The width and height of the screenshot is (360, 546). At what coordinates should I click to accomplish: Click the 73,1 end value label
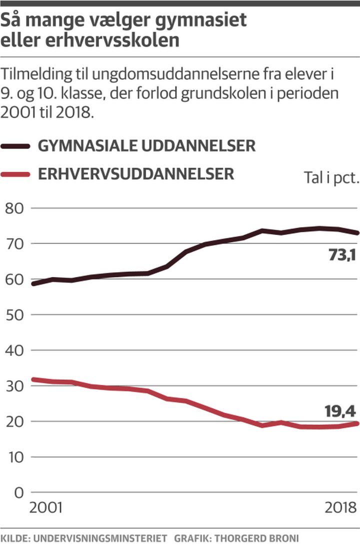point(341,255)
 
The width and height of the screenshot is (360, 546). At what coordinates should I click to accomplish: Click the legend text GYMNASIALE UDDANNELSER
point(147,146)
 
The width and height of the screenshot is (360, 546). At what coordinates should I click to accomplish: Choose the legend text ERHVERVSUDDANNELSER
point(136,174)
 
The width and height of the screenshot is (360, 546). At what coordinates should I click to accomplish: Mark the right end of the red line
point(357,423)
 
